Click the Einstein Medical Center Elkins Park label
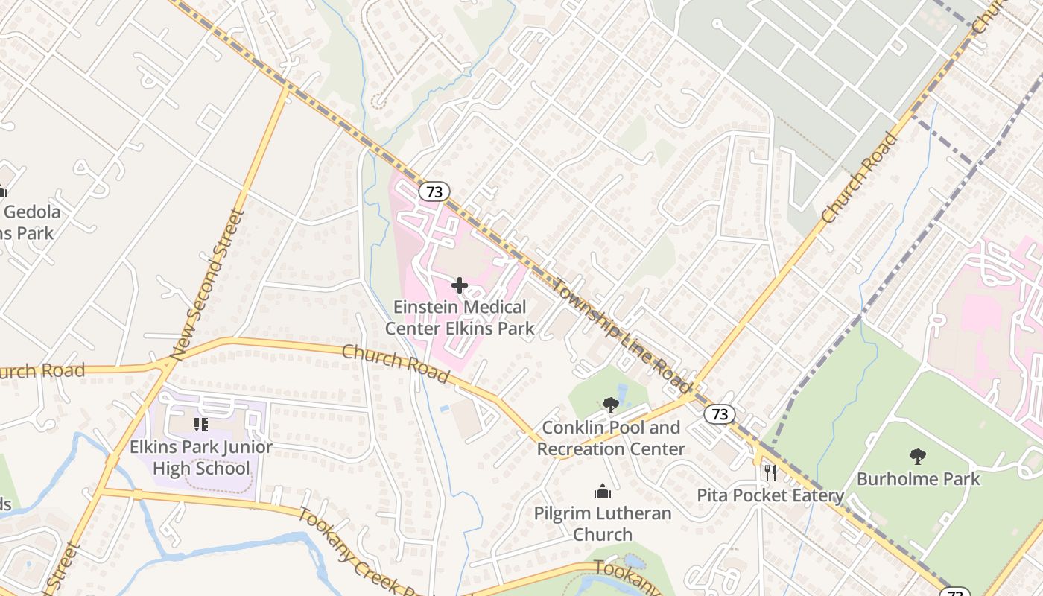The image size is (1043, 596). [460, 317]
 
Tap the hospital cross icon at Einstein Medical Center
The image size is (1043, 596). [460, 285]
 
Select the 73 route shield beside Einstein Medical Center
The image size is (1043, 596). [434, 191]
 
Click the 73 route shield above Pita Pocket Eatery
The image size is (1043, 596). [719, 414]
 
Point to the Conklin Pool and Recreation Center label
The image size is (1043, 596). [611, 438]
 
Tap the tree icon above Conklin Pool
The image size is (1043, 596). [611, 405]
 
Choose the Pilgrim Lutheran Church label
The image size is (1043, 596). [602, 524]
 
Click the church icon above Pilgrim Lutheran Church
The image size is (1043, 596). [602, 492]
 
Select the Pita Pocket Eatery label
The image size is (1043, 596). [770, 495]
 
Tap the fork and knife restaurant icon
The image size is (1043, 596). [770, 472]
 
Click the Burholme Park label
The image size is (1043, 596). [918, 478]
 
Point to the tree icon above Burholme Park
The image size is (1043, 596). [918, 456]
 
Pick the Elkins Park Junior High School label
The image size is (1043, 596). [201, 457]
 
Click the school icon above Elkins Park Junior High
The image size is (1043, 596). [200, 425]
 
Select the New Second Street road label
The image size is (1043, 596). [206, 285]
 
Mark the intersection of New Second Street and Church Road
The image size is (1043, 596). [165, 364]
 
